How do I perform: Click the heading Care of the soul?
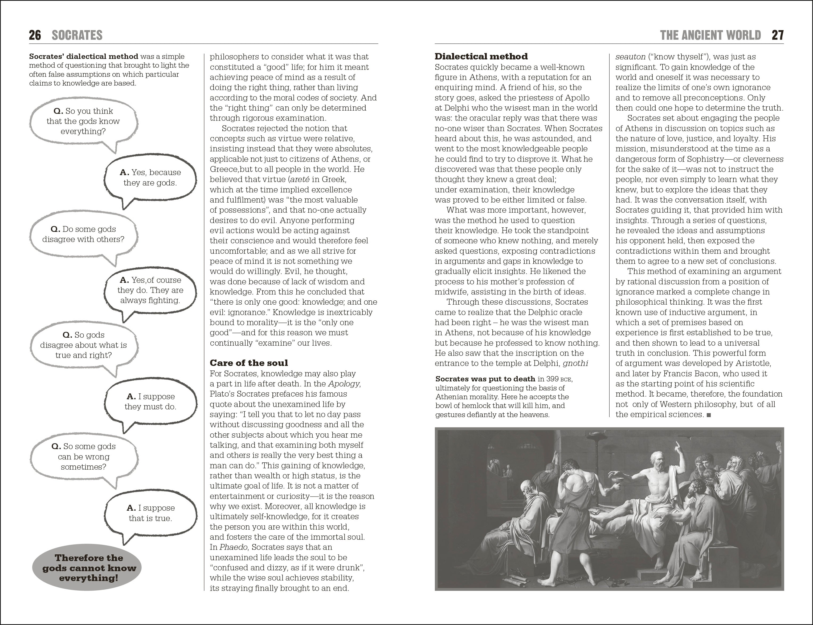(x=249, y=363)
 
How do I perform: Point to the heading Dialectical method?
(x=481, y=57)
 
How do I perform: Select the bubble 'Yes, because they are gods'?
(x=150, y=178)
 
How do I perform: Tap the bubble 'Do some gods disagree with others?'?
(x=83, y=234)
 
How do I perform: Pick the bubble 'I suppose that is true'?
(x=150, y=513)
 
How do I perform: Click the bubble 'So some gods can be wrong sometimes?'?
(x=84, y=457)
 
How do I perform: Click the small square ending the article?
(x=709, y=415)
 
